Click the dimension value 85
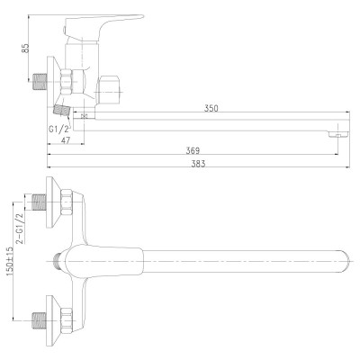click(x=26, y=48)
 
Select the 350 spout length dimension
click(x=211, y=108)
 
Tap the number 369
click(x=193, y=150)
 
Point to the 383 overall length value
click(x=198, y=164)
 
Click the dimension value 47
click(x=65, y=140)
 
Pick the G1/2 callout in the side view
click(x=59, y=129)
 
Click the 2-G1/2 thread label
click(x=21, y=229)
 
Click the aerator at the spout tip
click(x=338, y=134)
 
